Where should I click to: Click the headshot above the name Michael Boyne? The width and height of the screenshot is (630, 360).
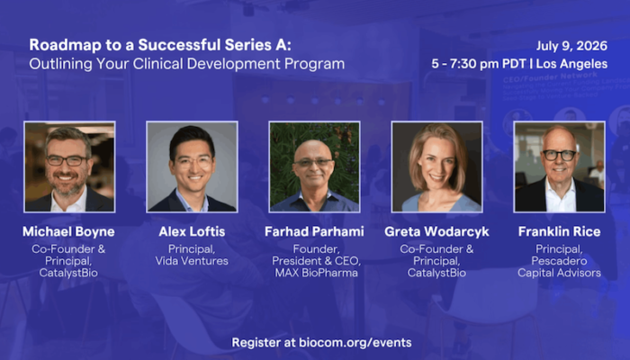[69, 166]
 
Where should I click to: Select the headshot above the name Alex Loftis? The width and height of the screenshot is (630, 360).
[192, 166]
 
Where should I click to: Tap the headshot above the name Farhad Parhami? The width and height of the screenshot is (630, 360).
[315, 166]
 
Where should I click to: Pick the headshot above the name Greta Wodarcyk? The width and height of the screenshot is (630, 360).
[437, 166]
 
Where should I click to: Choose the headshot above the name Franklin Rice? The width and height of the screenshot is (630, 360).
[559, 166]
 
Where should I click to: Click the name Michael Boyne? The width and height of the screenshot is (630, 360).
[68, 232]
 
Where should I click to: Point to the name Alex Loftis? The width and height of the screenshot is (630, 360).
[192, 231]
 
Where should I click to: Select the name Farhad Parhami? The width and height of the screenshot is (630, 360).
[314, 231]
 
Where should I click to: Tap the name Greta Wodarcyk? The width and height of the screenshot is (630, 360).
[436, 232]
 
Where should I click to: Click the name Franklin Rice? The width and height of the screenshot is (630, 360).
[559, 231]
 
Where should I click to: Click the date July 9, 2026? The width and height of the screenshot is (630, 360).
[571, 46]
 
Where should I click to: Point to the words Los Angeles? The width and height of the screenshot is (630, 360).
[571, 64]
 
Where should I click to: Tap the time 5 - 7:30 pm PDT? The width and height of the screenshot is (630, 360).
[479, 64]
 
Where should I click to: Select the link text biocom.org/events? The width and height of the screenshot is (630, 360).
[355, 343]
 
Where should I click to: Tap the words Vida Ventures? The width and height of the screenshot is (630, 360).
[192, 261]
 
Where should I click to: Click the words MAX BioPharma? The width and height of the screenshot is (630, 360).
[316, 274]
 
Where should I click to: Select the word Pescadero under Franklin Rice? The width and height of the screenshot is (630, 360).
[559, 261]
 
